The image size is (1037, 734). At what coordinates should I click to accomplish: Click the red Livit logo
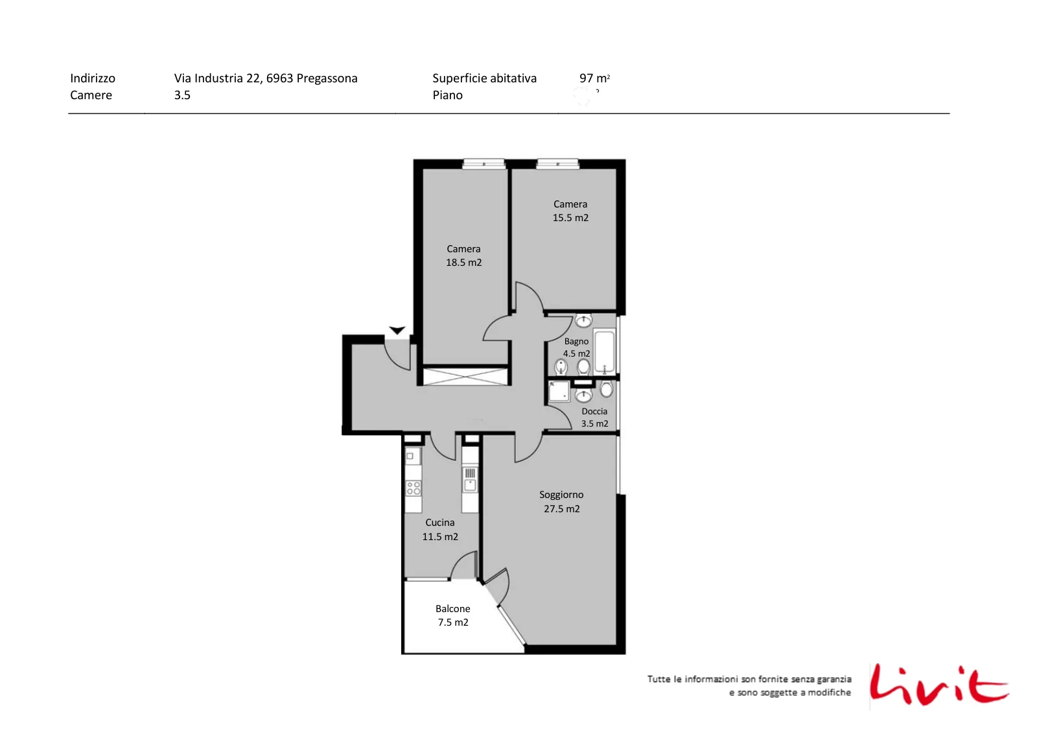939,686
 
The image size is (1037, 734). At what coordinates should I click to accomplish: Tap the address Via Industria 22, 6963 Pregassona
266,78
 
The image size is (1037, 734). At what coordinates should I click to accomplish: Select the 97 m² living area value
594,78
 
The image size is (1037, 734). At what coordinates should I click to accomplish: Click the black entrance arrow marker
397,330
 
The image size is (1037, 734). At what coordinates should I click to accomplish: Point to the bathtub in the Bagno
604,351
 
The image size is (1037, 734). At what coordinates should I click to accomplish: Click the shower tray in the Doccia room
559,391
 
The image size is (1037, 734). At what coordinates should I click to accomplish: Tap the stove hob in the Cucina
414,488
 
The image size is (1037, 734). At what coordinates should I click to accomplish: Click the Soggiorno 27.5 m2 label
561,501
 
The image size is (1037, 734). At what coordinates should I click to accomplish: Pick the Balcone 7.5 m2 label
453,615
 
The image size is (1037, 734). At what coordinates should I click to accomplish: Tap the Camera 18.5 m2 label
463,255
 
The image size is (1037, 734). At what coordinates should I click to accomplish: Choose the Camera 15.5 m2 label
570,211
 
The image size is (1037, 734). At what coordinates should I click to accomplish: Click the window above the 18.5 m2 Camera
484,163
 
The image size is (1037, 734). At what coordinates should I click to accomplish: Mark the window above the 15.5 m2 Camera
558,163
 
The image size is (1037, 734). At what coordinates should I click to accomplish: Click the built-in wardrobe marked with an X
466,377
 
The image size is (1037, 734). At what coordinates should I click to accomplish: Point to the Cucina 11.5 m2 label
440,529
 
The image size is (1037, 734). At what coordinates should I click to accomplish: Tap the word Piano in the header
448,95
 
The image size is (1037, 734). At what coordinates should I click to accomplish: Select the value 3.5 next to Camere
182,95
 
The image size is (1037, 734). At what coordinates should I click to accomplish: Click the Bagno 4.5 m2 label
576,348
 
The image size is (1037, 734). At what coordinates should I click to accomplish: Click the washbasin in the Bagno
583,320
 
